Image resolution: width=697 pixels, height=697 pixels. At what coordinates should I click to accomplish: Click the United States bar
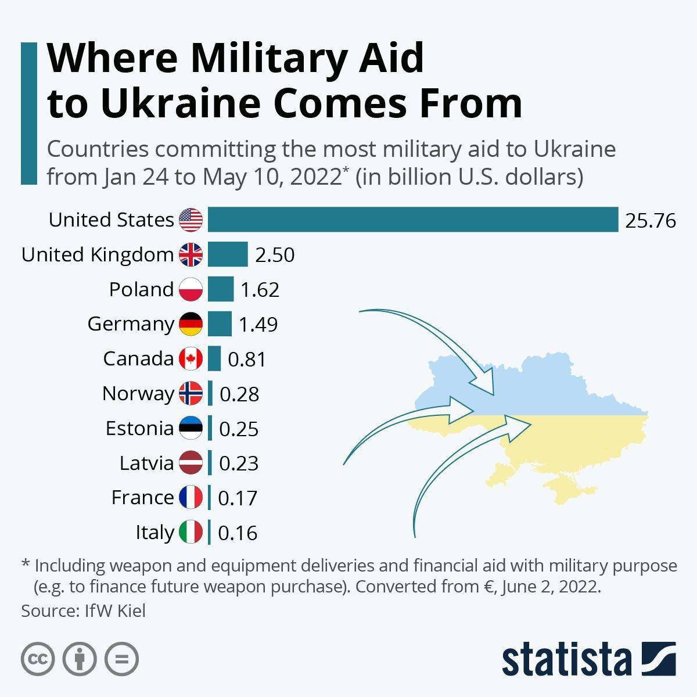click(x=412, y=220)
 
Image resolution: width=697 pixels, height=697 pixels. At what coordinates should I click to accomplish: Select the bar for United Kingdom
click(x=228, y=254)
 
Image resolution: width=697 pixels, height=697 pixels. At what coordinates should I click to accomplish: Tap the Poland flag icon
click(x=191, y=289)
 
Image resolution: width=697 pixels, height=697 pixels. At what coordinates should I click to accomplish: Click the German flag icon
click(x=191, y=324)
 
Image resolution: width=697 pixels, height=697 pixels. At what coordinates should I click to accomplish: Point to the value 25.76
click(x=651, y=221)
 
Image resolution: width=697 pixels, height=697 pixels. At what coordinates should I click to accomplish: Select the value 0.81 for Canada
click(x=247, y=360)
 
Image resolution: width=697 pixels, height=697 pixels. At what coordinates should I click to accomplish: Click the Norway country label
click(x=138, y=394)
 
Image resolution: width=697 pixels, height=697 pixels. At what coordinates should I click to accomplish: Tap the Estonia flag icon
click(x=191, y=429)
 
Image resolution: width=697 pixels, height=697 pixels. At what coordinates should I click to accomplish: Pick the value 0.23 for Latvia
click(x=239, y=464)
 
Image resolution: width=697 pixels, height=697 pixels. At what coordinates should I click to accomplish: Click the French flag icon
click(x=191, y=498)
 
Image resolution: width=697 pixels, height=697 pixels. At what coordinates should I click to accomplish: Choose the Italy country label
click(x=155, y=533)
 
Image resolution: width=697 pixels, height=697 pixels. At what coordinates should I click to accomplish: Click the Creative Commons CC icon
click(x=38, y=659)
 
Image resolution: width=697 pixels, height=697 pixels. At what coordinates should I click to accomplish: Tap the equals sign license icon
click(x=122, y=659)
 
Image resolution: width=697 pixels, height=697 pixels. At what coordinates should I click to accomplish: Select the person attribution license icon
click(x=80, y=659)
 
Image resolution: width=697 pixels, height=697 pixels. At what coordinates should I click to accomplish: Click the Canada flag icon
click(x=191, y=359)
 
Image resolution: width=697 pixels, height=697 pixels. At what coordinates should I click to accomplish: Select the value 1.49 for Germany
click(x=258, y=325)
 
